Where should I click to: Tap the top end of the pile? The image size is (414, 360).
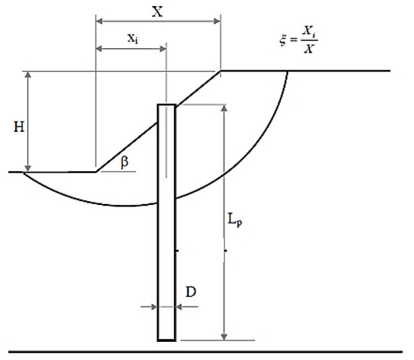coord(166,104)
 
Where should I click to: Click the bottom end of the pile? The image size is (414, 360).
coord(166,340)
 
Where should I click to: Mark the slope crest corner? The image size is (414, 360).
coord(221,71)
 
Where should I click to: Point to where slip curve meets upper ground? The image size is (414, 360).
coord(288,71)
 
